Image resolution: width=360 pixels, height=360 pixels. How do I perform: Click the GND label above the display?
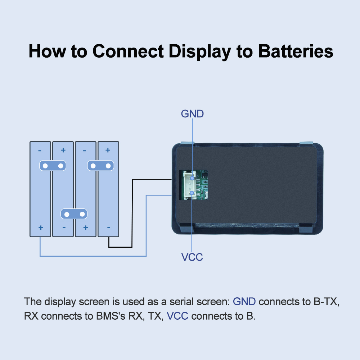click(x=192, y=114)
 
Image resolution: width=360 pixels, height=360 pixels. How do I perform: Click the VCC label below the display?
click(x=192, y=257)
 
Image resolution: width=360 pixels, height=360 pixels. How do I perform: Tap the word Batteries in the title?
click(x=296, y=51)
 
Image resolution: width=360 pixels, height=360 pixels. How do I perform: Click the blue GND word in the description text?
click(x=244, y=301)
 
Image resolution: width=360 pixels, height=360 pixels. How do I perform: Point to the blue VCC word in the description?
click(x=177, y=316)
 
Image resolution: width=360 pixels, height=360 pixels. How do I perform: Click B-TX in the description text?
click(x=326, y=301)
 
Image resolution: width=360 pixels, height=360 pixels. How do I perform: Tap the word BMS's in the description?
click(x=111, y=316)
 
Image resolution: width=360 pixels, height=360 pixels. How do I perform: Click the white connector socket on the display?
click(x=189, y=185)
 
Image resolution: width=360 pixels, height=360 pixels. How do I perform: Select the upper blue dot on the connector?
click(x=192, y=178)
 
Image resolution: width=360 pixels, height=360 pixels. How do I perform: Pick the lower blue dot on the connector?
click(x=192, y=193)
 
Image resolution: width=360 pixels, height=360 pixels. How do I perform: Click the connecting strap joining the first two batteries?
click(x=53, y=166)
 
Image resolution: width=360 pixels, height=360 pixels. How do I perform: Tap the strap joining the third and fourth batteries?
click(x=100, y=166)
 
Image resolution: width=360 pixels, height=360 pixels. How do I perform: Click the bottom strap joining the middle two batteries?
click(x=74, y=214)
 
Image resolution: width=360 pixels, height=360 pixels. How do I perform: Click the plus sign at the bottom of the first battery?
click(x=41, y=228)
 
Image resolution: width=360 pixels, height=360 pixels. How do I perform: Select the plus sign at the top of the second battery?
click(x=63, y=150)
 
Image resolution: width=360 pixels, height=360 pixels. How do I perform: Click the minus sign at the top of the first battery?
click(x=40, y=150)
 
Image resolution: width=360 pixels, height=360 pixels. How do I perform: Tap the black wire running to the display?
click(x=132, y=213)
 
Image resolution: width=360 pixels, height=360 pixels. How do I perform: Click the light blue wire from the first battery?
click(x=93, y=256)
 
